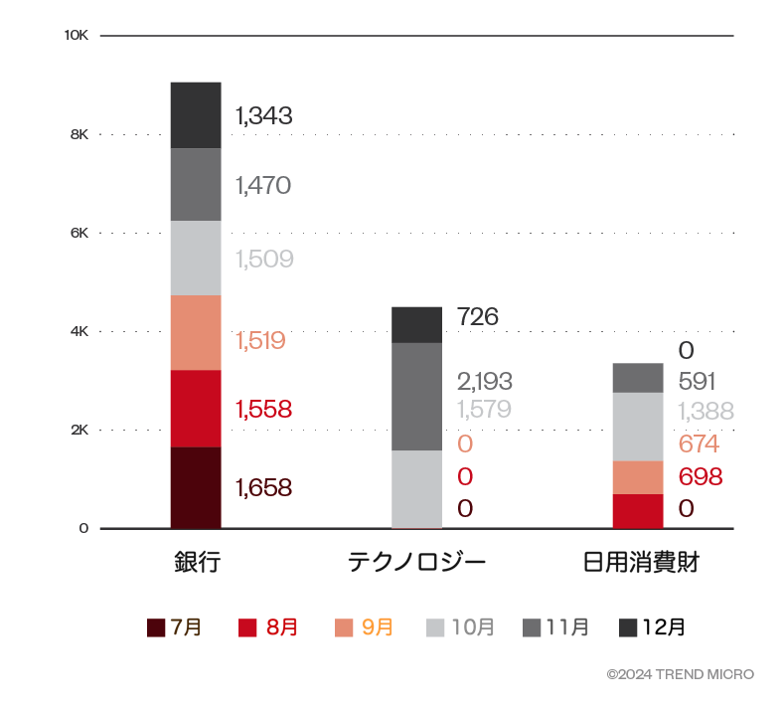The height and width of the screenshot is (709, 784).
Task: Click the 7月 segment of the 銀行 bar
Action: point(196,487)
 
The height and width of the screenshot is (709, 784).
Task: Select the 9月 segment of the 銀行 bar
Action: point(196,332)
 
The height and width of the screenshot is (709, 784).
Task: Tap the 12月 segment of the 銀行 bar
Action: point(196,114)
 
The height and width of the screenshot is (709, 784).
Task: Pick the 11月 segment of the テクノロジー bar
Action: point(416,397)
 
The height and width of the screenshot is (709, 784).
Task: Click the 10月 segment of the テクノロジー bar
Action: point(416,489)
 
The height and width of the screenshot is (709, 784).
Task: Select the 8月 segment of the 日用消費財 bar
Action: point(638,510)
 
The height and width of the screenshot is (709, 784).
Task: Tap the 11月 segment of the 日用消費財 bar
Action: point(638,378)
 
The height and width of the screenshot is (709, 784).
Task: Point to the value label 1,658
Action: point(263,487)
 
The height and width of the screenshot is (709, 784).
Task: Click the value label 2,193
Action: point(485,381)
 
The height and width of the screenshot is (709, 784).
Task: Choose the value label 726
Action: point(478,317)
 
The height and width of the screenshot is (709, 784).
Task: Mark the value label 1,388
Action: point(706,412)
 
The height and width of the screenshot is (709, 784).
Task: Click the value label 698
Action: point(700,476)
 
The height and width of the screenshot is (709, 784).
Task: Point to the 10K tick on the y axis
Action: point(77,36)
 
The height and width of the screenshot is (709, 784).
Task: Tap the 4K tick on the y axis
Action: point(79,331)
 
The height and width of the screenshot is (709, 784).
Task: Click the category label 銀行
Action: point(196,563)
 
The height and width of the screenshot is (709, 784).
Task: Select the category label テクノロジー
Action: point(416,563)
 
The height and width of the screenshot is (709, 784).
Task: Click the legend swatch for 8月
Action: point(248,627)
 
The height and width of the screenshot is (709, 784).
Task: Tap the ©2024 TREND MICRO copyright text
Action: point(680,675)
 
